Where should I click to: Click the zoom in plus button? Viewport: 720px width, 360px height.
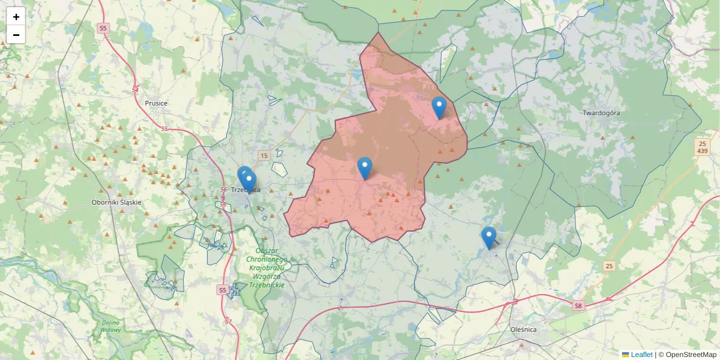(16, 17)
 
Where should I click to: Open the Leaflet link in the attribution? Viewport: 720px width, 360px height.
(641, 355)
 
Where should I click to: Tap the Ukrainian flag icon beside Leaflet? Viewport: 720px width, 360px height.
(625, 355)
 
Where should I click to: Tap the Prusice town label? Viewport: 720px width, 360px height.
(156, 103)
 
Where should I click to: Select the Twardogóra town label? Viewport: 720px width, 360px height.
(601, 113)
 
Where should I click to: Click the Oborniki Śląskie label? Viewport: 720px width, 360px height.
(116, 202)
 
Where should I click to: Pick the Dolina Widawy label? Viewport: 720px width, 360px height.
(111, 326)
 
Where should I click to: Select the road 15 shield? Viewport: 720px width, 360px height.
(263, 156)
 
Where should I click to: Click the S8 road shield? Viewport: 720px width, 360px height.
(578, 306)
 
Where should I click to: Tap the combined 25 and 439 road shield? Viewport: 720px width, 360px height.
(702, 147)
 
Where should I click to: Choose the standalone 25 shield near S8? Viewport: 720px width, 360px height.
(609, 266)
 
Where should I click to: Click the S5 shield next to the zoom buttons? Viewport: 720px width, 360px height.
(104, 28)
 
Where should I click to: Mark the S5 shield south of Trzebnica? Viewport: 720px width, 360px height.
(223, 290)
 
